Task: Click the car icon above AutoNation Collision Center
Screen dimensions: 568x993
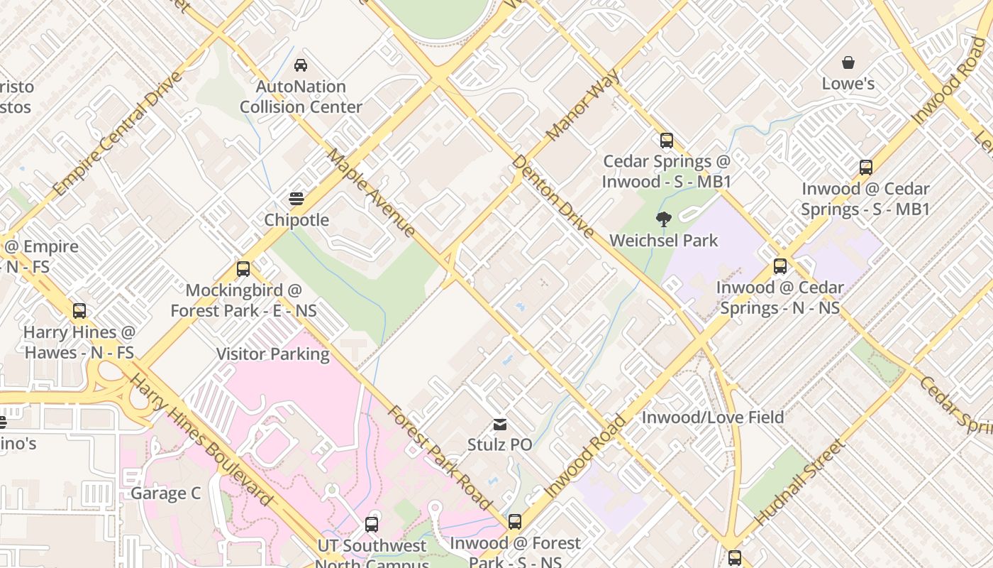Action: (301, 65)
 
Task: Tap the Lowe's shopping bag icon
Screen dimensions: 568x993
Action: (848, 62)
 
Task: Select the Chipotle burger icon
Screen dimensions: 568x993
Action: (296, 199)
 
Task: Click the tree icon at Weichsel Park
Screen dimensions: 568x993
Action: (663, 219)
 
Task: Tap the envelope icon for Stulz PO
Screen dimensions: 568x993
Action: (500, 425)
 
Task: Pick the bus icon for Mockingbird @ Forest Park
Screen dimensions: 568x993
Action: (243, 269)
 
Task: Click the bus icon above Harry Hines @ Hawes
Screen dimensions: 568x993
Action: (79, 310)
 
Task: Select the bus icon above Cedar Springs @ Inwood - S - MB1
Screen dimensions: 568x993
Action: (666, 140)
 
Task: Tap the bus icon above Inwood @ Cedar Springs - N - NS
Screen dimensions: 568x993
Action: (780, 266)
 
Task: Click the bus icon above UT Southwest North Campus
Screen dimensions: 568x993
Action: (371, 525)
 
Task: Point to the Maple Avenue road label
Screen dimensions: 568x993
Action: (371, 192)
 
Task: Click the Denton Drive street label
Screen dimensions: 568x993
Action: (553, 197)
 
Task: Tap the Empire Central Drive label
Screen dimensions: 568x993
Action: (117, 134)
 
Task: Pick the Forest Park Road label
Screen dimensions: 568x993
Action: (439, 458)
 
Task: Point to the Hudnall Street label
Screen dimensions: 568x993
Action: (800, 482)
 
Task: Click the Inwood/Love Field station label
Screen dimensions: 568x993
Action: (712, 417)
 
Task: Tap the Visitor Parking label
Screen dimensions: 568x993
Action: (273, 354)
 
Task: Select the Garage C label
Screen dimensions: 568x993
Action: (166, 493)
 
